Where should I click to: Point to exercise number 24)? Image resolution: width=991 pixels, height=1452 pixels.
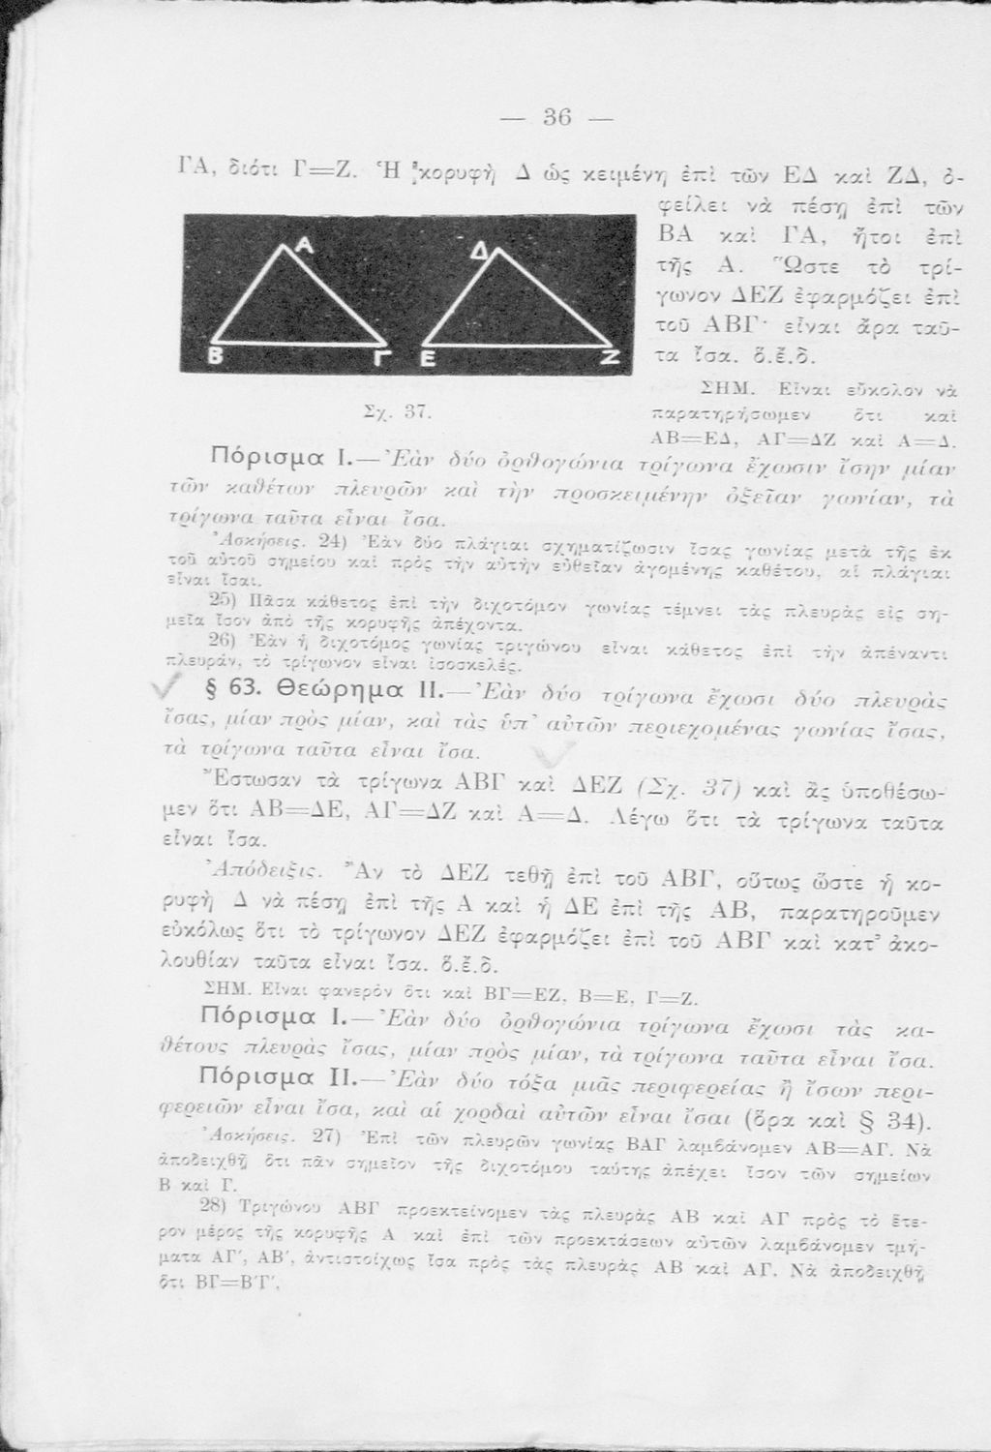[332, 538]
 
